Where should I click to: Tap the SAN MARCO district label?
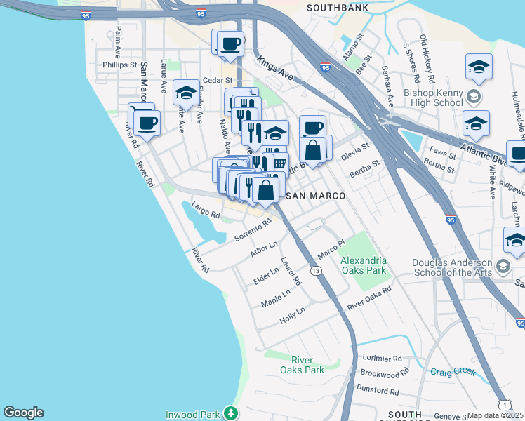coord(316,196)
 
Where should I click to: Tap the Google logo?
coord(23,413)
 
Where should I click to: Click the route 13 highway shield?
coord(317,271)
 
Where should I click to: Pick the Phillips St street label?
coord(119,65)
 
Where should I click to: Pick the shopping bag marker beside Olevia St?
coord(312,150)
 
